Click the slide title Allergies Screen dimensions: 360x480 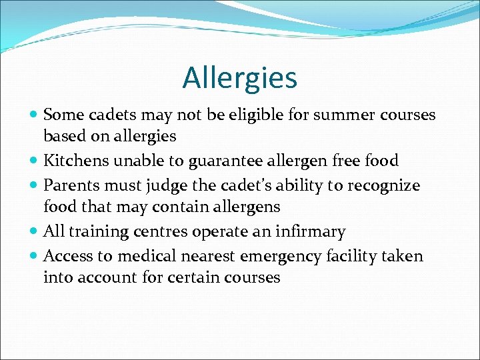(x=240, y=77)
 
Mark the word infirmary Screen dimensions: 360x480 (x=310, y=232)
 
